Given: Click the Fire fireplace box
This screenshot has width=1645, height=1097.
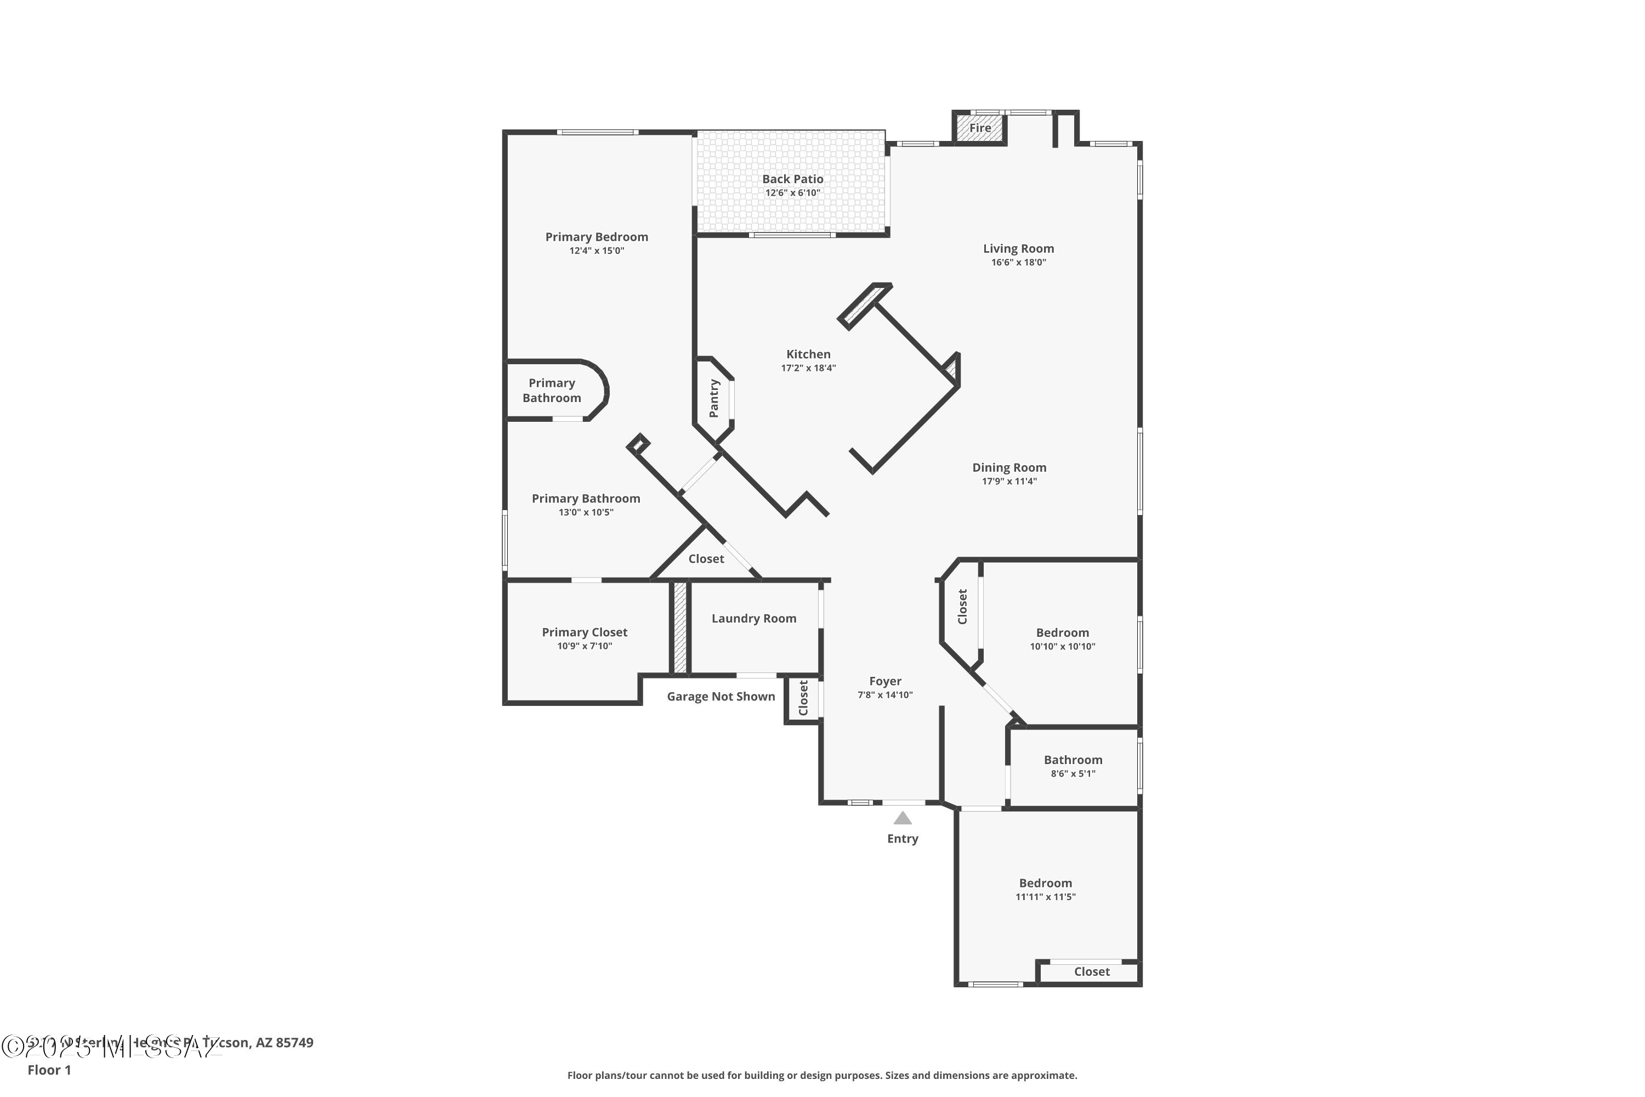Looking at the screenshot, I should [979, 128].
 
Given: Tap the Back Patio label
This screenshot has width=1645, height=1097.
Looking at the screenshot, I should [792, 179].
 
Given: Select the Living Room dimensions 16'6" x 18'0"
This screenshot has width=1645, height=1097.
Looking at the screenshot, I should [1018, 262].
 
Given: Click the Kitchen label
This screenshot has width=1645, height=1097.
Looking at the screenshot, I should [808, 354].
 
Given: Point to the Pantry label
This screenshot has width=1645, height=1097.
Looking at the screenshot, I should [714, 398].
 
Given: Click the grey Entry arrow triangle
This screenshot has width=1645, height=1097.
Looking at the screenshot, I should [902, 818].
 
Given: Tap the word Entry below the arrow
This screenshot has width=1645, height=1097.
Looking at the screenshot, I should [902, 838].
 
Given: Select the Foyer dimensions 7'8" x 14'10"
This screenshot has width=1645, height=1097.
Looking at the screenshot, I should [885, 695].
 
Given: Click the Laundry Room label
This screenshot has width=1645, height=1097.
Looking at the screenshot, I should [754, 619].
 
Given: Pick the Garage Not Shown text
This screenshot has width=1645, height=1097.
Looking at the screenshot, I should [721, 696].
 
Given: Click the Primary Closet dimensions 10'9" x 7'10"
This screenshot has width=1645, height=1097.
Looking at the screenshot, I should [584, 646].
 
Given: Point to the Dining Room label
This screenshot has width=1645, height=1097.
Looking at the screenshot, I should [1008, 467].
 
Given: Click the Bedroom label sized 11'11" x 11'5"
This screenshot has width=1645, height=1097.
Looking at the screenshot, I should [1045, 883].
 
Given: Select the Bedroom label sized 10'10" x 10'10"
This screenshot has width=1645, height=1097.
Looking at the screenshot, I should [1062, 632].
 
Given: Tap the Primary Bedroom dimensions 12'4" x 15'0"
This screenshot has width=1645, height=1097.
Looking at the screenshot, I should [596, 251].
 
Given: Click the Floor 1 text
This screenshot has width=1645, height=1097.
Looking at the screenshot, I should [49, 1070].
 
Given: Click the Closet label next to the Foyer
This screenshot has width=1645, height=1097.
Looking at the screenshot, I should [803, 698].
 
